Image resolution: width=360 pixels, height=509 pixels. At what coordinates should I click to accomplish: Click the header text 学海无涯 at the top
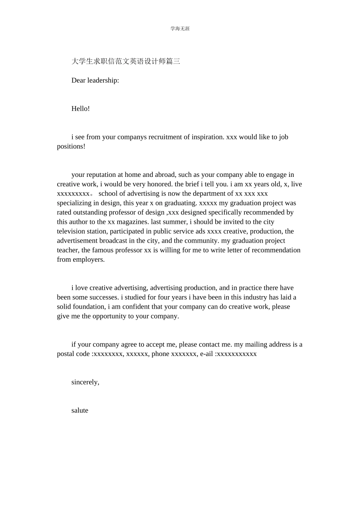(180, 29)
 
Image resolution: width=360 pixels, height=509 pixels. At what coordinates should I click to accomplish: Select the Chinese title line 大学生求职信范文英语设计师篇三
(126, 61)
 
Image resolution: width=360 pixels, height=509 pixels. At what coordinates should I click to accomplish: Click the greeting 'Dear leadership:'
(95, 80)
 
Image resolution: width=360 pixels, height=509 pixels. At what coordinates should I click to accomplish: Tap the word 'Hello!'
(80, 109)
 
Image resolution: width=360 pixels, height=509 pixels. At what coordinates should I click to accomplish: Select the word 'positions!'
(71, 147)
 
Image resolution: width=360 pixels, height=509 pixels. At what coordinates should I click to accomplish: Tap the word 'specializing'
(74, 203)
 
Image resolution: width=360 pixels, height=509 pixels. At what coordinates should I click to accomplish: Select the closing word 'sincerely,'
(85, 382)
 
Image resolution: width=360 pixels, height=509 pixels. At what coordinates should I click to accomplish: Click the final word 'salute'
(80, 411)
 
